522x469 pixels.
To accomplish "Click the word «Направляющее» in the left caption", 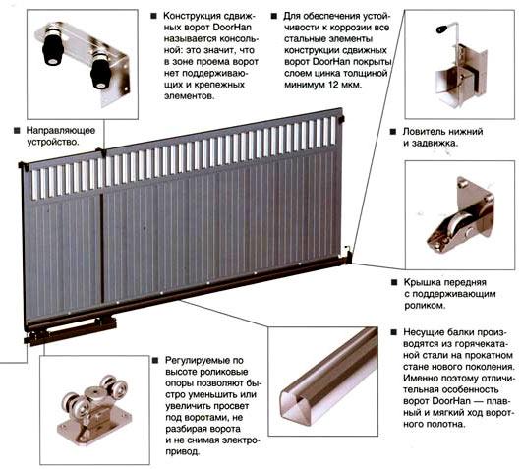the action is [x=61, y=130].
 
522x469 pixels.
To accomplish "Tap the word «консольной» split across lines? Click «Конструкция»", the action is [x=192, y=16].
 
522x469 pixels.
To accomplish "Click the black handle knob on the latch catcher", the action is [x=441, y=29].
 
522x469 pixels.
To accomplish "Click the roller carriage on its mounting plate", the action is [x=95, y=410].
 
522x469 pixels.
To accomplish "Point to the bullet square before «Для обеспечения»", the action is [x=274, y=16].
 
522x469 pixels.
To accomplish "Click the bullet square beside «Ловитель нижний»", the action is [x=393, y=132].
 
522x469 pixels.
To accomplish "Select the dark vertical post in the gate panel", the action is [x=102, y=249].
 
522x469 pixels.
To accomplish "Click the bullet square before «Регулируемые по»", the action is [x=155, y=361].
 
